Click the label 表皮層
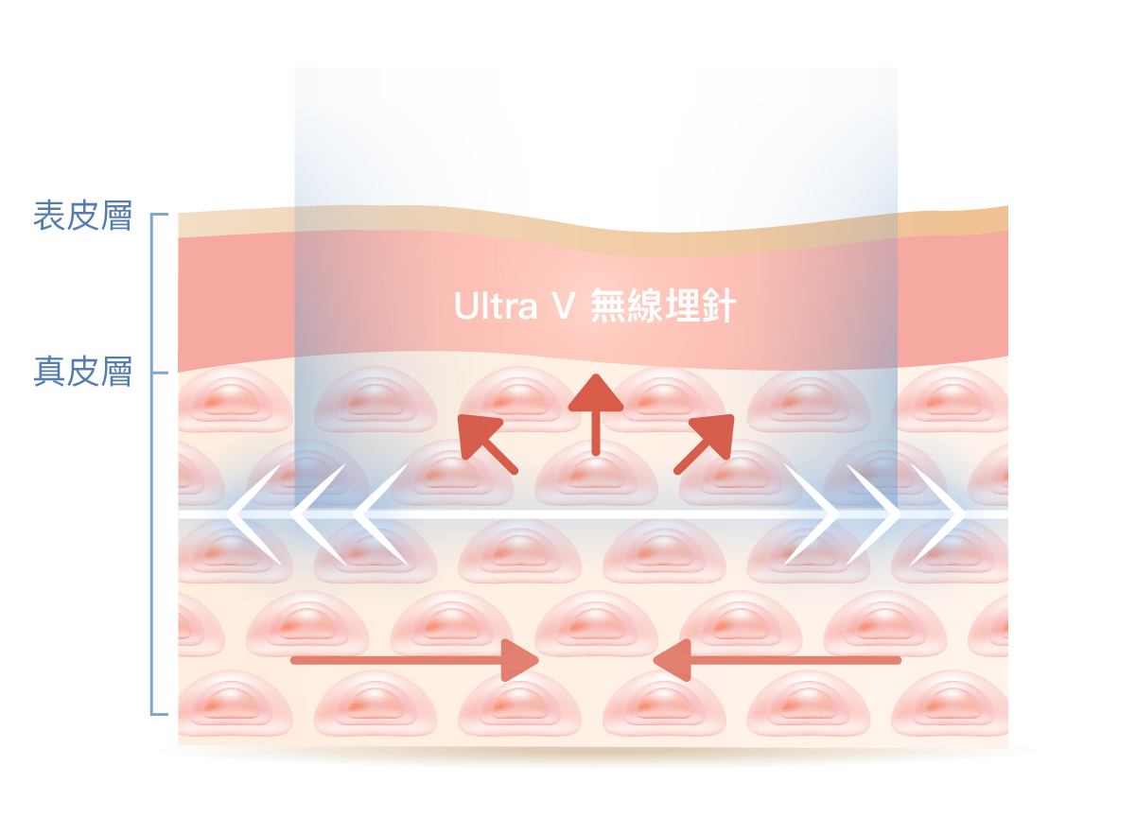tap(82, 216)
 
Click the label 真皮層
tap(82, 372)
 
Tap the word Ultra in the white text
tap(496, 305)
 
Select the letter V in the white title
tap(563, 305)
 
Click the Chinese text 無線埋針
tap(663, 305)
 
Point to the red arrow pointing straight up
tap(596, 415)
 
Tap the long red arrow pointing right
tap(414, 660)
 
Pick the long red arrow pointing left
tap(777, 660)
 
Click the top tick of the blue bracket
tap(160, 215)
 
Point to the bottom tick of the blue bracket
tap(160, 714)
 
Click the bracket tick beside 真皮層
tap(160, 374)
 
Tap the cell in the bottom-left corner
tap(234, 703)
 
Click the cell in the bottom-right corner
tap(950, 703)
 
